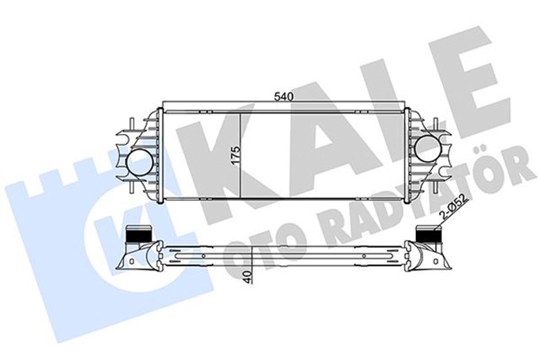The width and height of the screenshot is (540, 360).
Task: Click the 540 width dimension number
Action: click(x=283, y=98)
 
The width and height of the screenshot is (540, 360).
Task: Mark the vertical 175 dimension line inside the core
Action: click(x=244, y=156)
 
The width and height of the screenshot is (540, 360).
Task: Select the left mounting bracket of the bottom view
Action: click(x=135, y=257)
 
